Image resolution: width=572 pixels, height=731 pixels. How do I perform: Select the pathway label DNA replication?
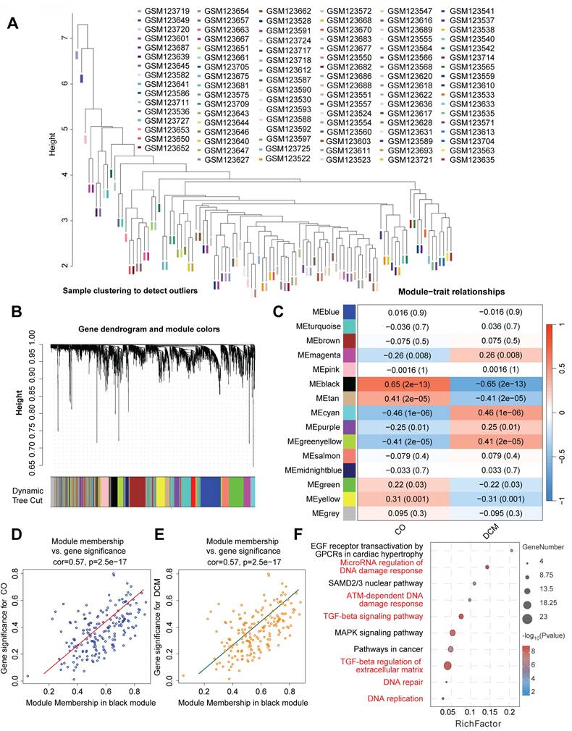point(394,698)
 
